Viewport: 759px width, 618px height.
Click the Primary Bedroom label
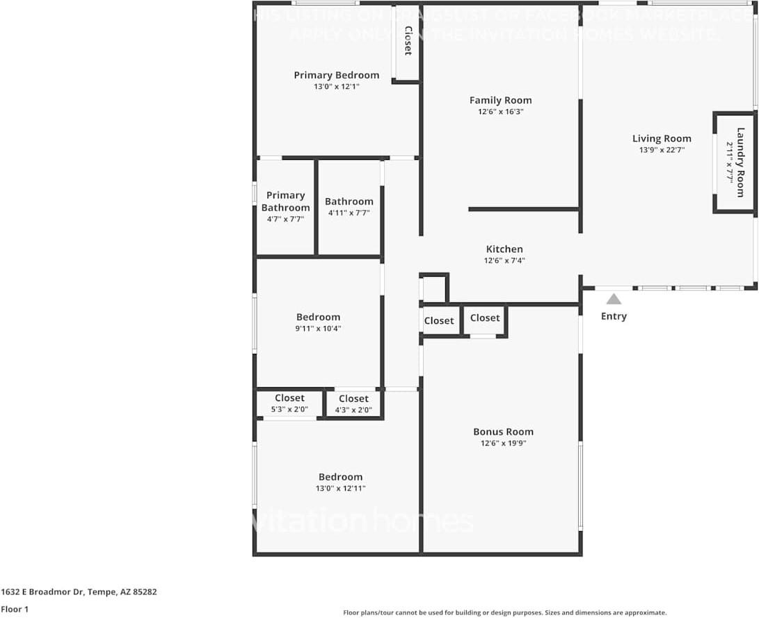(336, 75)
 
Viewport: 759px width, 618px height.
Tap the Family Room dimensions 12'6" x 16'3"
(500, 112)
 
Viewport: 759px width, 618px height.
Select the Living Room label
(662, 138)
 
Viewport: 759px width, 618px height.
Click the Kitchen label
(504, 249)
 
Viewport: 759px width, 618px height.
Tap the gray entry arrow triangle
(614, 299)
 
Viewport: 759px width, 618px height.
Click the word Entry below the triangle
(614, 316)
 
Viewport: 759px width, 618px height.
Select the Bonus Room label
(503, 432)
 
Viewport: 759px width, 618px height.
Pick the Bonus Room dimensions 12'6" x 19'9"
(503, 444)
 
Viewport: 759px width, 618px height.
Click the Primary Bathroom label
(285, 202)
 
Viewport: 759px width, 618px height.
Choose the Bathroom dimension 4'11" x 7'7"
(349, 213)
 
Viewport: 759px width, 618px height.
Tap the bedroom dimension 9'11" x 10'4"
(318, 329)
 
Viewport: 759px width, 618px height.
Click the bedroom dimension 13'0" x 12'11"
(340, 489)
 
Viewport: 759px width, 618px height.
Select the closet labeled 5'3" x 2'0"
(289, 402)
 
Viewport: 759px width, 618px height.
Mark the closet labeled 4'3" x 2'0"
(353, 403)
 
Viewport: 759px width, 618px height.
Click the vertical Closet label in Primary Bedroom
(408, 40)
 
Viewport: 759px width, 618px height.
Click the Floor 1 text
(14, 609)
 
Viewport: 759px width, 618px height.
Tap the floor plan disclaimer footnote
(504, 612)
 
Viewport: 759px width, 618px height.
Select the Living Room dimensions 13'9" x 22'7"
(662, 150)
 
